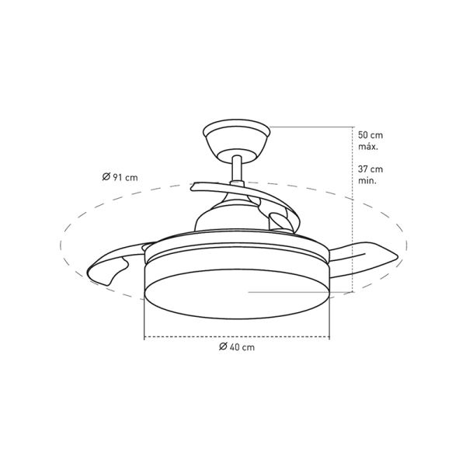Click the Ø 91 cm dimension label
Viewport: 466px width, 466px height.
tap(120, 177)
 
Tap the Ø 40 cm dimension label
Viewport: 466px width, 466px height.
tap(237, 347)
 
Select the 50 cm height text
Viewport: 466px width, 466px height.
tap(370, 135)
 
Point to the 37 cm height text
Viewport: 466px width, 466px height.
tap(370, 169)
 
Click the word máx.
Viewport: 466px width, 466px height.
tap(368, 147)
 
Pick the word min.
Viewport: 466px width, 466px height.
tap(367, 180)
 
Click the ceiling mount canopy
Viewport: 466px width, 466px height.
tap(237, 140)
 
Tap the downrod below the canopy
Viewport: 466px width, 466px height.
tap(237, 169)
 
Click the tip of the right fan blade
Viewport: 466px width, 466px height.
tap(398, 256)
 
